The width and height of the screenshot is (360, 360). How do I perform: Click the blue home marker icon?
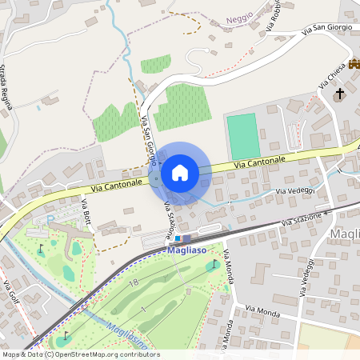[x=180, y=173]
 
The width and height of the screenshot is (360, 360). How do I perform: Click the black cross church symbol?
[x=339, y=94]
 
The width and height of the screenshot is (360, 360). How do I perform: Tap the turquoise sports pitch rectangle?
[x=243, y=136]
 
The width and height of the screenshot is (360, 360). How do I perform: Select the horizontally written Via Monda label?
[x=261, y=309]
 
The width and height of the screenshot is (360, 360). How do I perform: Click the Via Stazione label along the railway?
[x=306, y=218]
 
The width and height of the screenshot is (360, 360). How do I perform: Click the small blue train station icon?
[x=178, y=238]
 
